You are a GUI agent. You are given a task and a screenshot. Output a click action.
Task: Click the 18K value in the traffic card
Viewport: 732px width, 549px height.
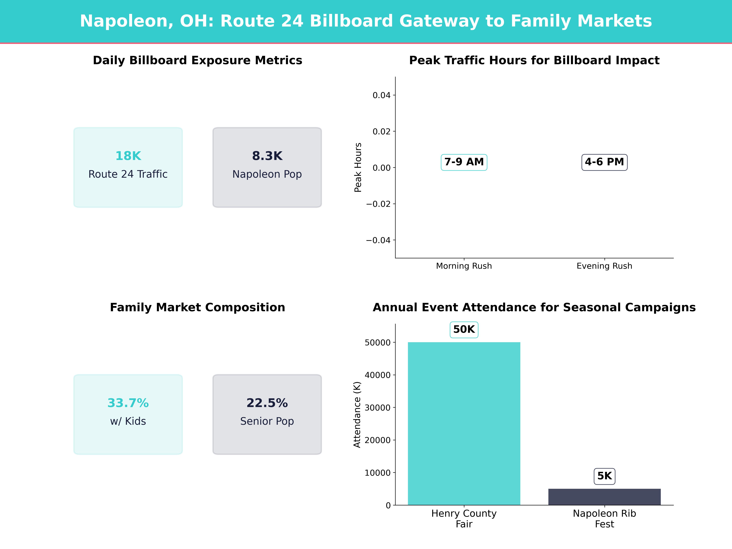pyautogui.click(x=128, y=156)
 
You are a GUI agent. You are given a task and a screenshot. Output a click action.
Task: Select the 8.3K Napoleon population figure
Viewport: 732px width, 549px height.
pyautogui.click(x=267, y=156)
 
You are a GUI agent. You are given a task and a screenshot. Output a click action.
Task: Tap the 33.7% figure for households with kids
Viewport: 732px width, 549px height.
pyautogui.click(x=128, y=403)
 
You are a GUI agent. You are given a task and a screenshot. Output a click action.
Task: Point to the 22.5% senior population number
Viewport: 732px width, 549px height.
pyautogui.click(x=267, y=403)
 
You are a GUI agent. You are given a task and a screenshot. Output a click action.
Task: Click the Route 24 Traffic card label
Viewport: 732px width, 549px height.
pyautogui.click(x=128, y=174)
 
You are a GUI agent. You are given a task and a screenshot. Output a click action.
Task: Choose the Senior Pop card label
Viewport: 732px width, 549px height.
pyautogui.click(x=267, y=421)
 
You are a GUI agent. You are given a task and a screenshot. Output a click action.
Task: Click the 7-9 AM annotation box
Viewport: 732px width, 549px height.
pyautogui.click(x=464, y=162)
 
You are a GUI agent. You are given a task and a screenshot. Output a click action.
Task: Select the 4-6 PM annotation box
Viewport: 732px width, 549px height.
pyautogui.click(x=604, y=162)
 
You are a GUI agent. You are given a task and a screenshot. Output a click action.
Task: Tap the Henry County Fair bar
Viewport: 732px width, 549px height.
pyautogui.click(x=464, y=424)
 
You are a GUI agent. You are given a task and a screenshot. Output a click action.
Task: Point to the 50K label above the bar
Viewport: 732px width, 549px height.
pyautogui.click(x=464, y=330)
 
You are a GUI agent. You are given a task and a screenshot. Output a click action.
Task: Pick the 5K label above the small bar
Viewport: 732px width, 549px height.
pyautogui.click(x=604, y=476)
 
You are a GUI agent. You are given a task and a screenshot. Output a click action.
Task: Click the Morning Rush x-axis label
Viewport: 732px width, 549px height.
pyautogui.click(x=464, y=266)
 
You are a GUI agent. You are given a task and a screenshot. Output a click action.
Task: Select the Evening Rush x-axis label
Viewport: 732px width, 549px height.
pyautogui.click(x=604, y=266)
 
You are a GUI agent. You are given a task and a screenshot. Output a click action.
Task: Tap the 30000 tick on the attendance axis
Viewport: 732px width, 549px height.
pyautogui.click(x=378, y=408)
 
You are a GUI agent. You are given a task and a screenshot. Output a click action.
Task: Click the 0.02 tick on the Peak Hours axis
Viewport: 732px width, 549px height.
pyautogui.click(x=382, y=132)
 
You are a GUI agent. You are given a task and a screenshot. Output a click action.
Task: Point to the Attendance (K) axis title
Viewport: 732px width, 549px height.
pyautogui.click(x=357, y=415)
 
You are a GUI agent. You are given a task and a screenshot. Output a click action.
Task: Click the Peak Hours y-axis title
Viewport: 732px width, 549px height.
pyautogui.click(x=358, y=167)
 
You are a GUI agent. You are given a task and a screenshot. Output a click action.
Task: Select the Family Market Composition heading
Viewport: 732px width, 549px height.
pyautogui.click(x=197, y=307)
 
